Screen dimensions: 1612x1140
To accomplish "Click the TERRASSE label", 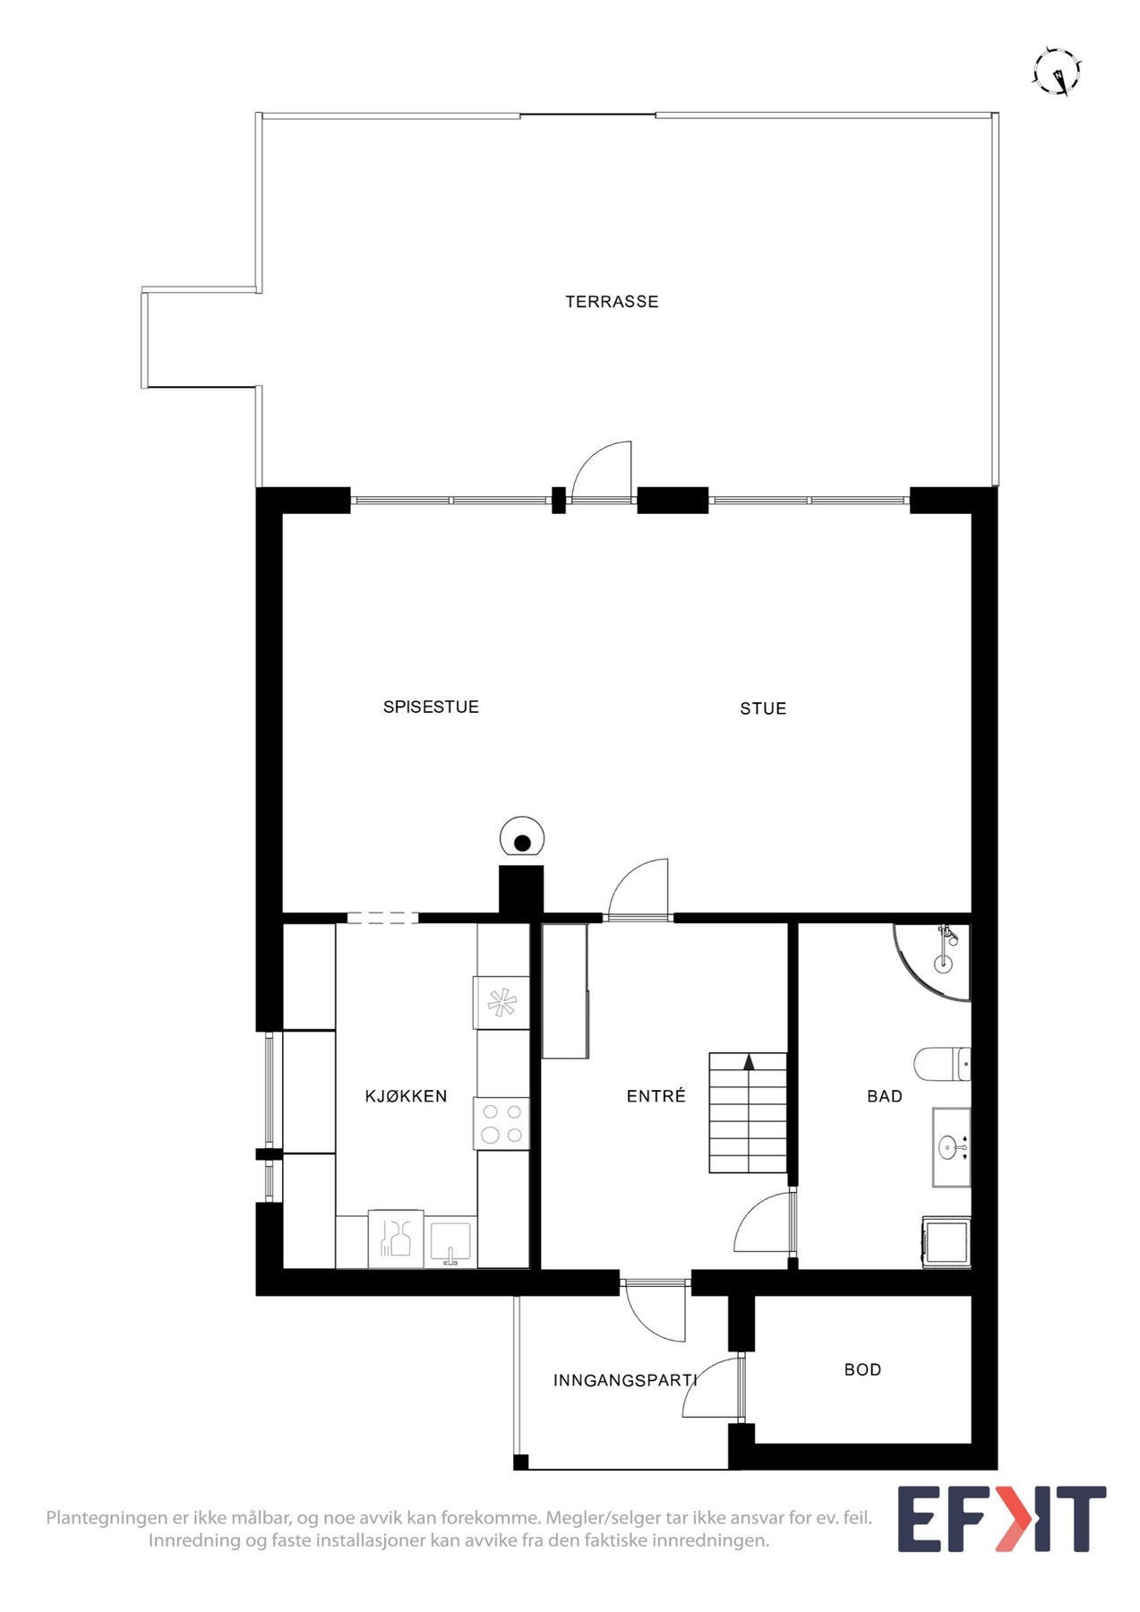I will click(612, 302).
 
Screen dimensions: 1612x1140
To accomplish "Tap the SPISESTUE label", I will click(431, 707).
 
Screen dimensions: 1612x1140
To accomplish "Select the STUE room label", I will click(763, 708).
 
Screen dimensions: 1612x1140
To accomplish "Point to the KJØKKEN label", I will click(406, 1096).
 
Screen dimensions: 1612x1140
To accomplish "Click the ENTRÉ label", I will click(656, 1096).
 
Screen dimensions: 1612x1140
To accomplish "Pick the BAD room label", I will click(885, 1096).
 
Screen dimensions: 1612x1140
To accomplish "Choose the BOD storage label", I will click(862, 1369).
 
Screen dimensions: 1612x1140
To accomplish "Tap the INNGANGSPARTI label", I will click(624, 1380).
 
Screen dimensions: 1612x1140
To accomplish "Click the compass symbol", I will click(1058, 72).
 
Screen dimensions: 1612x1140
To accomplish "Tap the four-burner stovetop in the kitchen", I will click(501, 1124).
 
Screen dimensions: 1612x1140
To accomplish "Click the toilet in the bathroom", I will click(940, 1064).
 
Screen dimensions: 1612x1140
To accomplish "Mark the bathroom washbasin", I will click(949, 1146).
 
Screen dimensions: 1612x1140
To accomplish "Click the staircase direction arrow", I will click(749, 1062).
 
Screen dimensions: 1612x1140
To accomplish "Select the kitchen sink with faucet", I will click(450, 1243).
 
